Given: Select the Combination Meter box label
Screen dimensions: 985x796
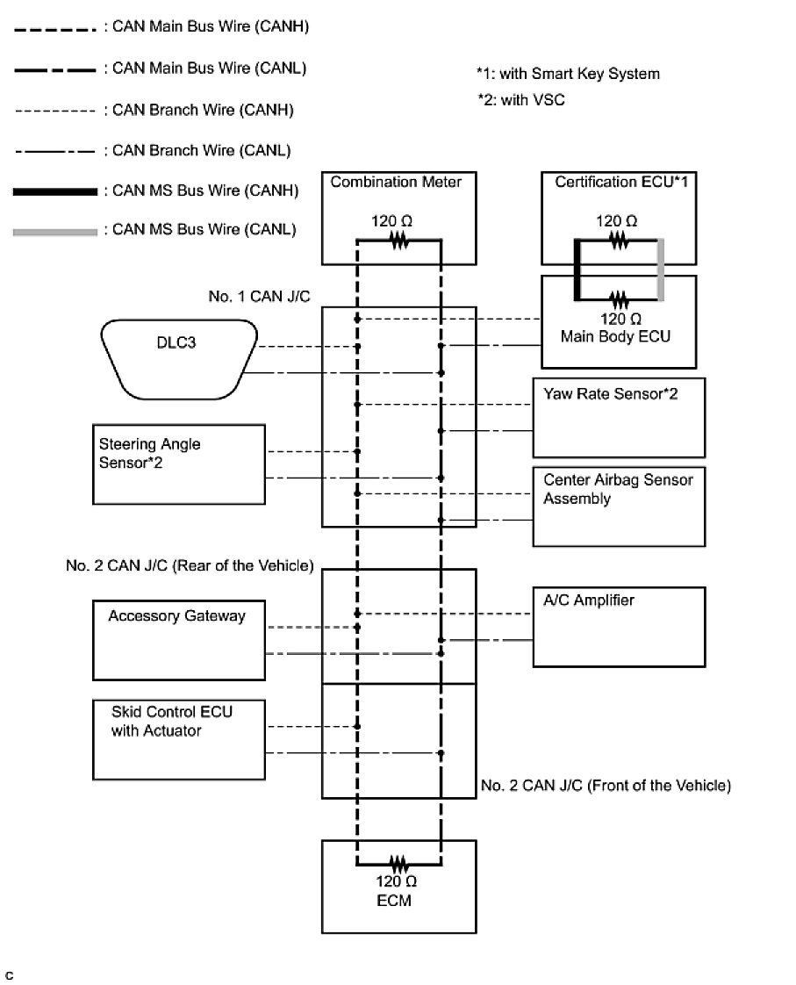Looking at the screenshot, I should [x=396, y=183].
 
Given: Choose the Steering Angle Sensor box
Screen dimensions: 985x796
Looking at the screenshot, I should [x=178, y=464].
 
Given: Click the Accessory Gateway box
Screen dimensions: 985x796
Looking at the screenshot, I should [x=178, y=639].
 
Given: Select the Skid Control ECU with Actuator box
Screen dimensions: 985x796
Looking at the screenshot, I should [x=178, y=738].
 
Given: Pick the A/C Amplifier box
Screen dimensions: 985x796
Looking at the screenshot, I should [x=619, y=627].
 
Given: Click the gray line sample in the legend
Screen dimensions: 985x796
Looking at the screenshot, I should [x=55, y=232].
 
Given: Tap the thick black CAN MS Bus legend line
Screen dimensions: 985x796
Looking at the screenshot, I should [x=55, y=191].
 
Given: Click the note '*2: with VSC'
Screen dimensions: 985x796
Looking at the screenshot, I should [x=520, y=100].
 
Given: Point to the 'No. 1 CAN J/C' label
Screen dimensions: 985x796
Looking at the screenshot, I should [x=248, y=297].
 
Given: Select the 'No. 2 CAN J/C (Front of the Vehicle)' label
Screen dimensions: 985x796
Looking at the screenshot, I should [x=606, y=786].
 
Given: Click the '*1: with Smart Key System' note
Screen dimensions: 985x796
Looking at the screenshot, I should [x=568, y=74].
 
